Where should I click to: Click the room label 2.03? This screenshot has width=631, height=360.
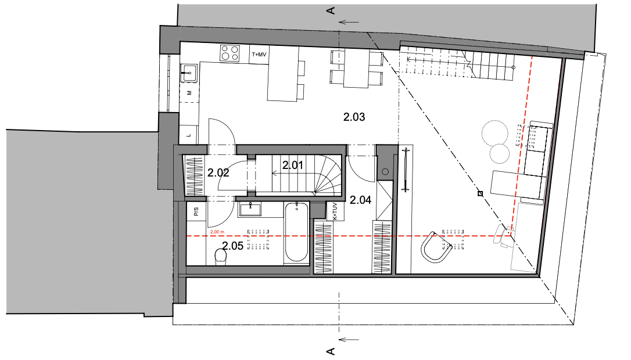click(x=354, y=117)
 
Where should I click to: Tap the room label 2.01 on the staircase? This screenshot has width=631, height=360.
click(x=293, y=165)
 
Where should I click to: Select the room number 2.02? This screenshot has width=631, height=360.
click(x=218, y=172)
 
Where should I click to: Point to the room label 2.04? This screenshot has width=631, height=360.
click(x=360, y=200)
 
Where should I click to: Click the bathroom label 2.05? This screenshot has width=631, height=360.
click(x=232, y=246)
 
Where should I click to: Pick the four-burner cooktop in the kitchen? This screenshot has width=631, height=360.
click(x=230, y=53)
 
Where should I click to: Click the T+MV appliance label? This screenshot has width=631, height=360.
click(x=259, y=55)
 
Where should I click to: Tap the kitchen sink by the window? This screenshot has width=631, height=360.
click(x=189, y=73)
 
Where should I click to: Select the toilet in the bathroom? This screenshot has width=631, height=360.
click(x=221, y=257)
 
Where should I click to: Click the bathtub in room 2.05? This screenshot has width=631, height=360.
click(x=296, y=232)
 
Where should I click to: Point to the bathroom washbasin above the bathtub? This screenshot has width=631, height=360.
click(x=250, y=210)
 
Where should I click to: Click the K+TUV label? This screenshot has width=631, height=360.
click(x=335, y=211)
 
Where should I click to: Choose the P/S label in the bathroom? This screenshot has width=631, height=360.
click(x=196, y=211)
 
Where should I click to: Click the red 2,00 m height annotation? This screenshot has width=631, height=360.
click(x=217, y=232)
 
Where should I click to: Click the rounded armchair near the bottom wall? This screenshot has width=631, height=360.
click(x=436, y=247)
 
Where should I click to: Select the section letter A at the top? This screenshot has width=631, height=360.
click(x=331, y=10)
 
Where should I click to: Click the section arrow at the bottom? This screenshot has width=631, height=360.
click(x=349, y=340)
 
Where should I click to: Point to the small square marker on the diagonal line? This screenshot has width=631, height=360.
click(x=480, y=194)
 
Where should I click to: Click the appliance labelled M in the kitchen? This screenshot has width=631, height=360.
click(x=189, y=93)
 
